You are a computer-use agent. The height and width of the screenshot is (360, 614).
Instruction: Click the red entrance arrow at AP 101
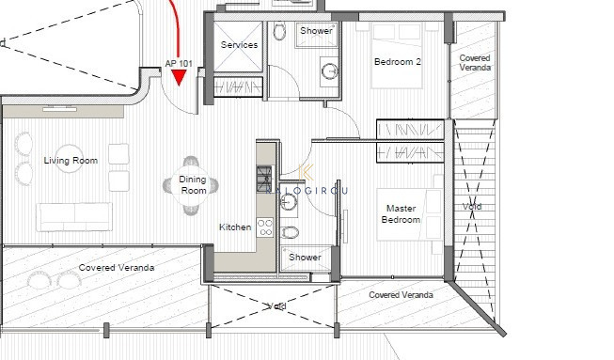[180, 90]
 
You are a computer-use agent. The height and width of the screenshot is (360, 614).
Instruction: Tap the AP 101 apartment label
[180, 64]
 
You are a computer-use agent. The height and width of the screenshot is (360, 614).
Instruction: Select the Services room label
[239, 44]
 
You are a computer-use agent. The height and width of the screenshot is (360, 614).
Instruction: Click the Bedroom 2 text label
[398, 62]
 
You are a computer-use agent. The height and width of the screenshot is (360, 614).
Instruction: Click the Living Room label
[71, 161]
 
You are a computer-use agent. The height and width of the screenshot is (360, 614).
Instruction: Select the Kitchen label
[235, 227]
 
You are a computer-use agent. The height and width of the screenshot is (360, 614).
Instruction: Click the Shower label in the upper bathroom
[316, 31]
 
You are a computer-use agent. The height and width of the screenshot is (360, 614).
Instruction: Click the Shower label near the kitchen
[305, 257]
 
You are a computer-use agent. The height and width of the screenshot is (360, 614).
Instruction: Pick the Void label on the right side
[472, 206]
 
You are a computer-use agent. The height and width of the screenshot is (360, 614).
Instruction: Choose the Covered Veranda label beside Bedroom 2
[475, 63]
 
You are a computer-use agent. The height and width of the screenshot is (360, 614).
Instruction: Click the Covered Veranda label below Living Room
[116, 268]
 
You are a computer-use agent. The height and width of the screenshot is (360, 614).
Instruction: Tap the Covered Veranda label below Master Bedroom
[401, 294]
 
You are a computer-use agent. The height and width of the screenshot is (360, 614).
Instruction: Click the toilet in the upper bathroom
[279, 33]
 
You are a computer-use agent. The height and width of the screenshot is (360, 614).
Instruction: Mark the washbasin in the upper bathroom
[329, 70]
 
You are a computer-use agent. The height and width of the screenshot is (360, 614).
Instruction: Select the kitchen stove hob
[265, 227]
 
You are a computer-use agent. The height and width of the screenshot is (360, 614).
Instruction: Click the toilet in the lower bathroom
[291, 232]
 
